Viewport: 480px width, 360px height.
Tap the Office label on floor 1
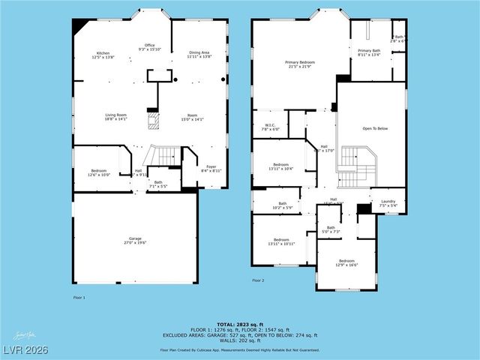pyautogui.click(x=150, y=47)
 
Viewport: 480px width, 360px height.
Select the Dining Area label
pyautogui.click(x=199, y=53)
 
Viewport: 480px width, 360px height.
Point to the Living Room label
pyautogui.click(x=115, y=116)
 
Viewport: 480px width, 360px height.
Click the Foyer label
pyautogui.click(x=211, y=169)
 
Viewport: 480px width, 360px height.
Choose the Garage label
pyautogui.click(x=135, y=241)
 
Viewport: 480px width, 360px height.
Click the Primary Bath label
pyautogui.click(x=369, y=52)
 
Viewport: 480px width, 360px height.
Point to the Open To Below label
pyautogui.click(x=375, y=128)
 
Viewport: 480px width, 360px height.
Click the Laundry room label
pyautogui.click(x=388, y=202)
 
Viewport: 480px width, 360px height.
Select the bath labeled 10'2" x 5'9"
pyautogui.click(x=283, y=205)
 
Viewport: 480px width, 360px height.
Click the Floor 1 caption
pyautogui.click(x=79, y=298)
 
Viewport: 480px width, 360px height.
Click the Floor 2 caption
pyautogui.click(x=258, y=280)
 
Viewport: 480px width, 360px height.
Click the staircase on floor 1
pyautogui.click(x=162, y=155)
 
